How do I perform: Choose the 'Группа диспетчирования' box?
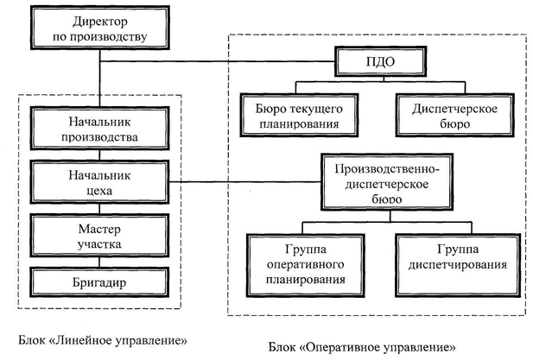tap(456, 260)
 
